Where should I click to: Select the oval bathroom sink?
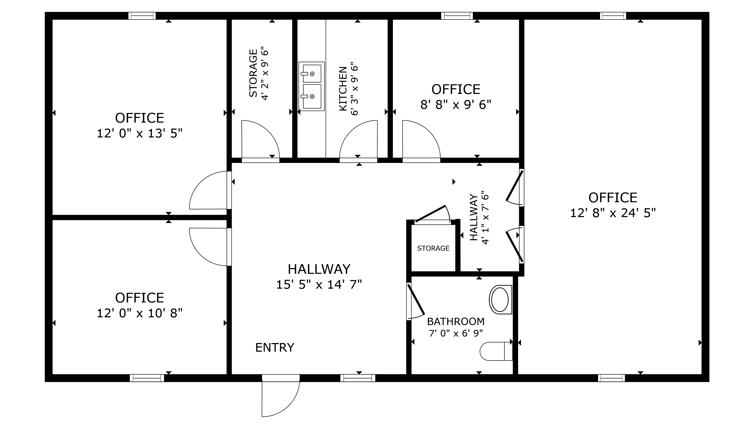point(500,300)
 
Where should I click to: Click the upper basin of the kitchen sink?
point(312,73)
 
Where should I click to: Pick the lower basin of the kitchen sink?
point(312,96)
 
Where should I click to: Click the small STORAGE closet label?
point(433,248)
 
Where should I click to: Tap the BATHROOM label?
point(455,322)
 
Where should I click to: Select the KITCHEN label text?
point(343,89)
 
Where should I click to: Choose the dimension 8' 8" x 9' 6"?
point(455,104)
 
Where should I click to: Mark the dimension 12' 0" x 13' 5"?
point(140,134)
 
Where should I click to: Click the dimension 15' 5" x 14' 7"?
point(319,284)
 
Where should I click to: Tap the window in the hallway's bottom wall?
point(357,378)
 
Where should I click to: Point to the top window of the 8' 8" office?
point(457,16)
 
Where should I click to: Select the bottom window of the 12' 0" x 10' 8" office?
point(147,378)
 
